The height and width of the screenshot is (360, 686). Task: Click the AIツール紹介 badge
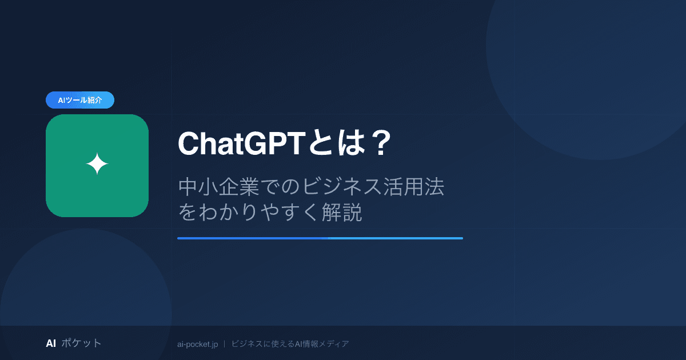click(80, 100)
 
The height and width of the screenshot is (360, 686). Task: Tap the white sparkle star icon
click(97, 165)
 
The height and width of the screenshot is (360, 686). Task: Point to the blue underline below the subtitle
click(320, 238)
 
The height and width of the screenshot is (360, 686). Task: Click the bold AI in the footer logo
click(51, 343)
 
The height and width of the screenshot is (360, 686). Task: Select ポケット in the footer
click(81, 343)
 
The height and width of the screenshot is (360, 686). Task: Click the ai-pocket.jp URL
click(198, 344)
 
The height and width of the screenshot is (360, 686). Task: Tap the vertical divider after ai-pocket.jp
click(225, 344)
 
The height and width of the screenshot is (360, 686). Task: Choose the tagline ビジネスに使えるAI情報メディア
click(290, 344)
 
